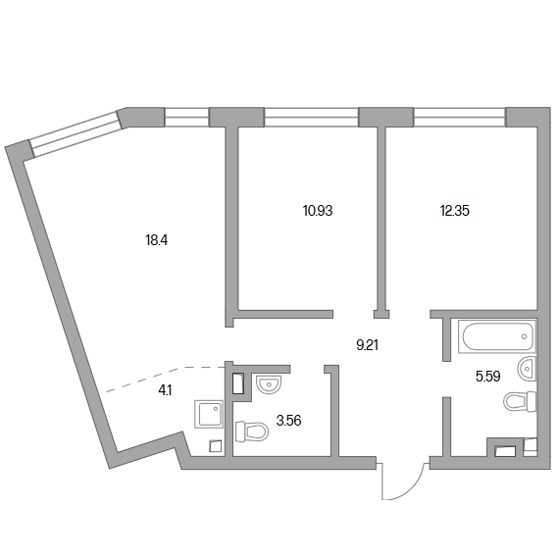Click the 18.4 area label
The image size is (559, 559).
click(x=157, y=240)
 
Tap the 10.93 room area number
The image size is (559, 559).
click(x=318, y=211)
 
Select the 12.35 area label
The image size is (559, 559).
click(x=454, y=211)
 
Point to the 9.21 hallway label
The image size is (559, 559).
click(x=367, y=345)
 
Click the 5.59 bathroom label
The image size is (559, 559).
click(x=487, y=377)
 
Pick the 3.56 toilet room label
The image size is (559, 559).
click(x=288, y=421)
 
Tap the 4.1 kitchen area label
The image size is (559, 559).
click(x=165, y=390)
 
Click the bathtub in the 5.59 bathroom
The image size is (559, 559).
click(x=497, y=336)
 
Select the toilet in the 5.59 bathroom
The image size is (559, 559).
click(x=520, y=401)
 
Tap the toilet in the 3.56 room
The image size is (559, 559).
click(x=252, y=432)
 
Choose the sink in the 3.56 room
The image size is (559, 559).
click(x=269, y=384)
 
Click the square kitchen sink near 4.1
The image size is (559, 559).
click(x=209, y=414)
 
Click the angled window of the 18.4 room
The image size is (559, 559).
click(x=76, y=133)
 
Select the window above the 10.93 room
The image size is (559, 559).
click(x=311, y=118)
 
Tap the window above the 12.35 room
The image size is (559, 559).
click(x=460, y=118)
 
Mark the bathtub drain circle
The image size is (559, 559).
click(x=524, y=336)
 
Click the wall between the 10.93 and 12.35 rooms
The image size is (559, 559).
click(x=381, y=221)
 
